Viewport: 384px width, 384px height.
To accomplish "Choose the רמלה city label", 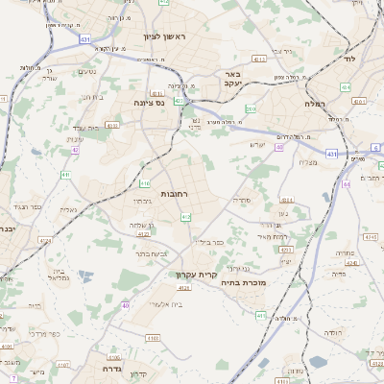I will click(315, 103).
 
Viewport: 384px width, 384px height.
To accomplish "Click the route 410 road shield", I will click(145, 183).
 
